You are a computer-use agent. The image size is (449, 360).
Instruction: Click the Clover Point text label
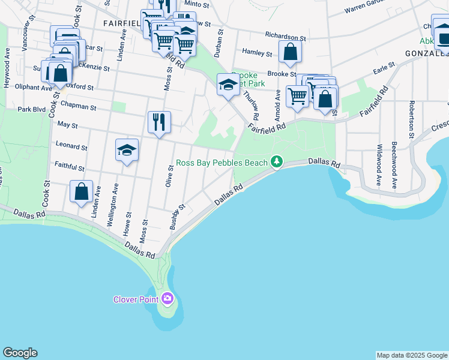tap(136, 299)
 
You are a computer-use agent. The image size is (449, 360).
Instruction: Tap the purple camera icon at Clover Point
tap(167, 298)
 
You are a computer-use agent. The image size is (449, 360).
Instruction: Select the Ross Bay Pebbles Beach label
tap(221, 163)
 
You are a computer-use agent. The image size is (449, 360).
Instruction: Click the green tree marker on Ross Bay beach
tap(276, 162)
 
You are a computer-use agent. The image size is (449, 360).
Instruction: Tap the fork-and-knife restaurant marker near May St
tap(159, 122)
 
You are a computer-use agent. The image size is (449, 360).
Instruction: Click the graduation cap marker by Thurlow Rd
tap(228, 85)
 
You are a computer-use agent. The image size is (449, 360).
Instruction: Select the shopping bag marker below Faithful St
tap(81, 193)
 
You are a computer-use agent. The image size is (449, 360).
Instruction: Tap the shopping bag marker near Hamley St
tap(290, 53)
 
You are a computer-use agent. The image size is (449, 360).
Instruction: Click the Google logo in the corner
tap(20, 353)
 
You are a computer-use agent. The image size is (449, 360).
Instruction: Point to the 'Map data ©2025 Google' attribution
tap(412, 355)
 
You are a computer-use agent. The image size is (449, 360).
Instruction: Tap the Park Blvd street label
tap(32, 110)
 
